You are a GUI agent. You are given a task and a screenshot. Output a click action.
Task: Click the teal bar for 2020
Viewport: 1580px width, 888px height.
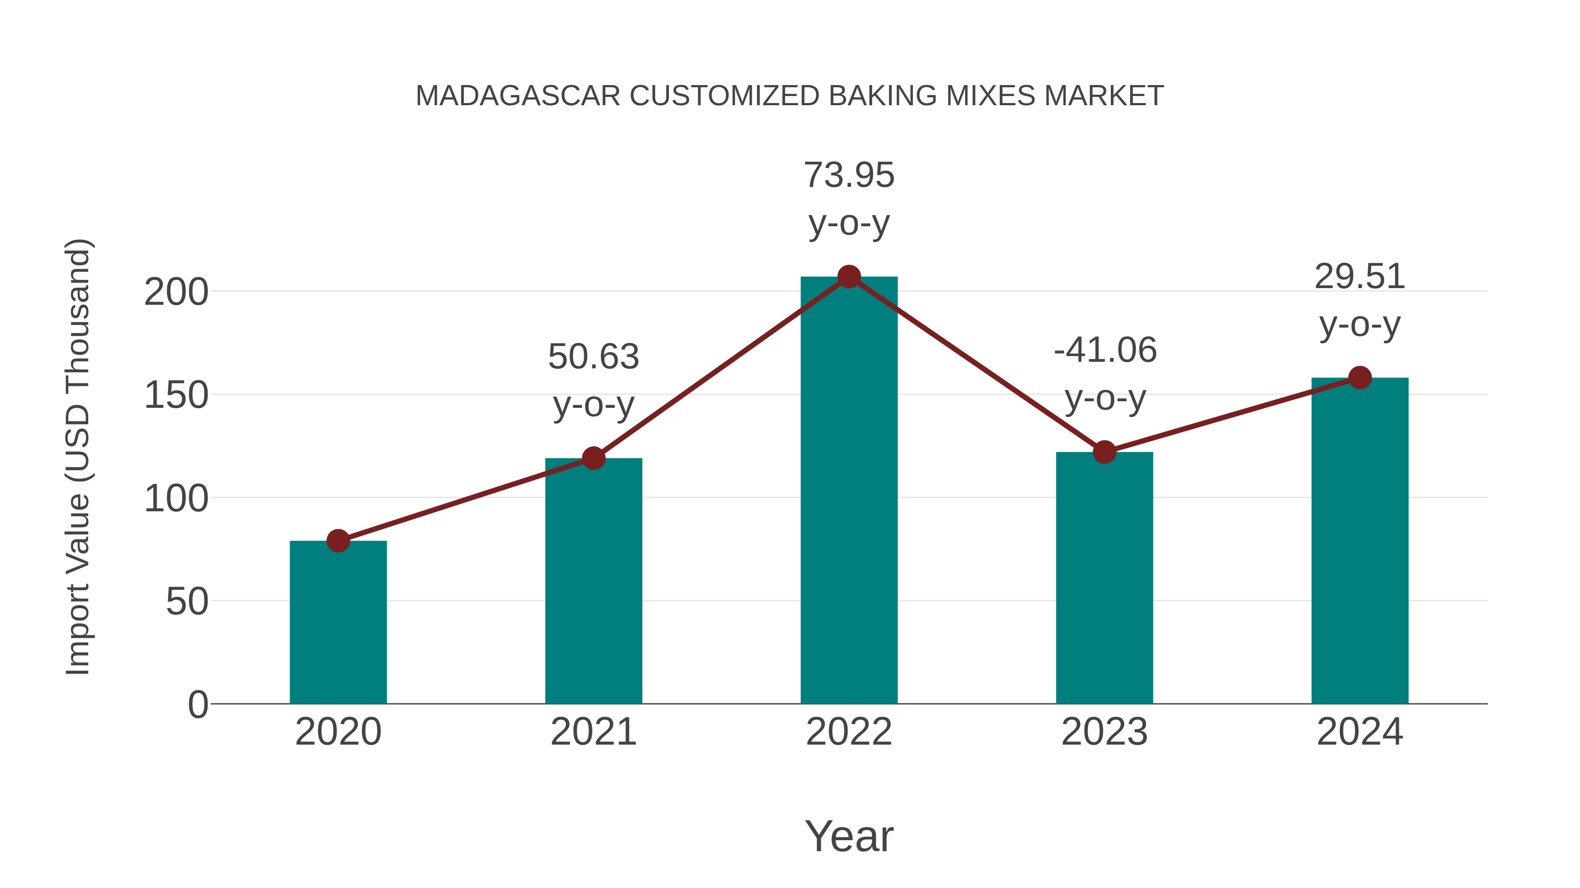(x=338, y=622)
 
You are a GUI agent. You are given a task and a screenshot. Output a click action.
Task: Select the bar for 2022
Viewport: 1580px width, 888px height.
(x=849, y=490)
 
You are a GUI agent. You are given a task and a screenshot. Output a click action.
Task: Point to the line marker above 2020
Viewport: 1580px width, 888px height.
(x=338, y=541)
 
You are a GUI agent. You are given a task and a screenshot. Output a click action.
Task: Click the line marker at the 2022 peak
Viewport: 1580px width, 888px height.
(x=849, y=277)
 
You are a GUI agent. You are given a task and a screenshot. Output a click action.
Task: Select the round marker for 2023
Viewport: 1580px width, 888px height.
(x=1104, y=452)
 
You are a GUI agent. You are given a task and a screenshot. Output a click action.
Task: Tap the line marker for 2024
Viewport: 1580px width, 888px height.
(x=1360, y=378)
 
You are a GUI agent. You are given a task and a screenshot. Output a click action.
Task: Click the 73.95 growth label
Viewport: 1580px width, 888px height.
(x=849, y=175)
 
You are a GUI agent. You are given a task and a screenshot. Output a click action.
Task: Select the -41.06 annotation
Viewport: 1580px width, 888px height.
(x=1105, y=350)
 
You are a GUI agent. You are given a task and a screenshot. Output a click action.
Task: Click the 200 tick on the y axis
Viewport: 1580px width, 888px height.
(x=176, y=292)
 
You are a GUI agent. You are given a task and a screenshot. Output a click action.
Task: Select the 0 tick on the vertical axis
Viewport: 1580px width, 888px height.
(x=197, y=705)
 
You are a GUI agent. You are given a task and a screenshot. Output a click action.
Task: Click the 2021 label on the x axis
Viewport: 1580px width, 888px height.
(x=593, y=732)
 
